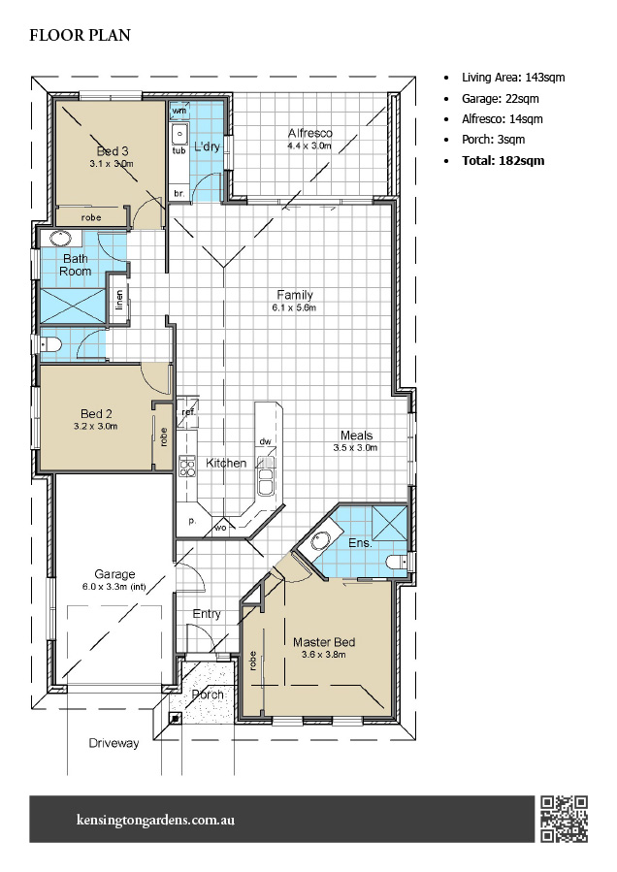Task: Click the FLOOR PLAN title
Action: [x=80, y=36]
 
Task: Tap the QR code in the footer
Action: [x=564, y=818]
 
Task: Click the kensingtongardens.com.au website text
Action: [x=154, y=820]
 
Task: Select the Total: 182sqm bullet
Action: [x=503, y=160]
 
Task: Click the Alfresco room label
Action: [x=310, y=133]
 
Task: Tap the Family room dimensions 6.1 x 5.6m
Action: [x=294, y=307]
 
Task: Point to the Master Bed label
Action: [x=324, y=641]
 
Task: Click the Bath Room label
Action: [x=77, y=265]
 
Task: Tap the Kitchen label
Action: [x=226, y=463]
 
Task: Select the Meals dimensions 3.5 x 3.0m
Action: [x=355, y=447]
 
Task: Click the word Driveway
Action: [x=114, y=743]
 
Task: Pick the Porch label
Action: [x=207, y=694]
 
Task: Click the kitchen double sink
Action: [x=264, y=481]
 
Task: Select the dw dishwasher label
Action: [x=264, y=441]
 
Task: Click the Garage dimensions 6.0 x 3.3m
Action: [x=114, y=587]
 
